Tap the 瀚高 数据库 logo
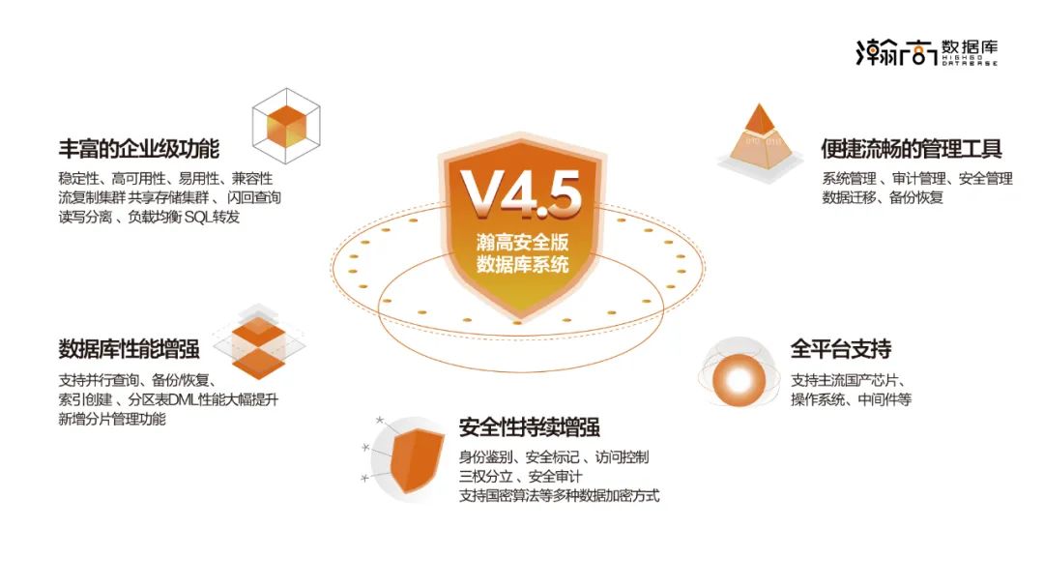pyautogui.click(x=926, y=51)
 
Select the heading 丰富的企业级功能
pyautogui.click(x=139, y=149)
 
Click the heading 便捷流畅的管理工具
pyautogui.click(x=911, y=149)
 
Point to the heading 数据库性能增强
pyautogui.click(x=129, y=349)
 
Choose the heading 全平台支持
pyautogui.click(x=840, y=348)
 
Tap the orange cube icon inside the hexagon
pyautogui.click(x=286, y=126)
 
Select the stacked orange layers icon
pyautogui.click(x=259, y=345)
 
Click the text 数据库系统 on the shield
pyautogui.click(x=522, y=265)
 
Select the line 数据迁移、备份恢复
pyautogui.click(x=882, y=198)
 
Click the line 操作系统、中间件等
pyautogui.click(x=851, y=399)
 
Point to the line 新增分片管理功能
pyautogui.click(x=112, y=419)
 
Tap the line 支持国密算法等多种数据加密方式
pyautogui.click(x=559, y=496)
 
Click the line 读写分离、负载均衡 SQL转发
pyautogui.click(x=149, y=218)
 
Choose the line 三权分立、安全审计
pyautogui.click(x=522, y=476)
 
